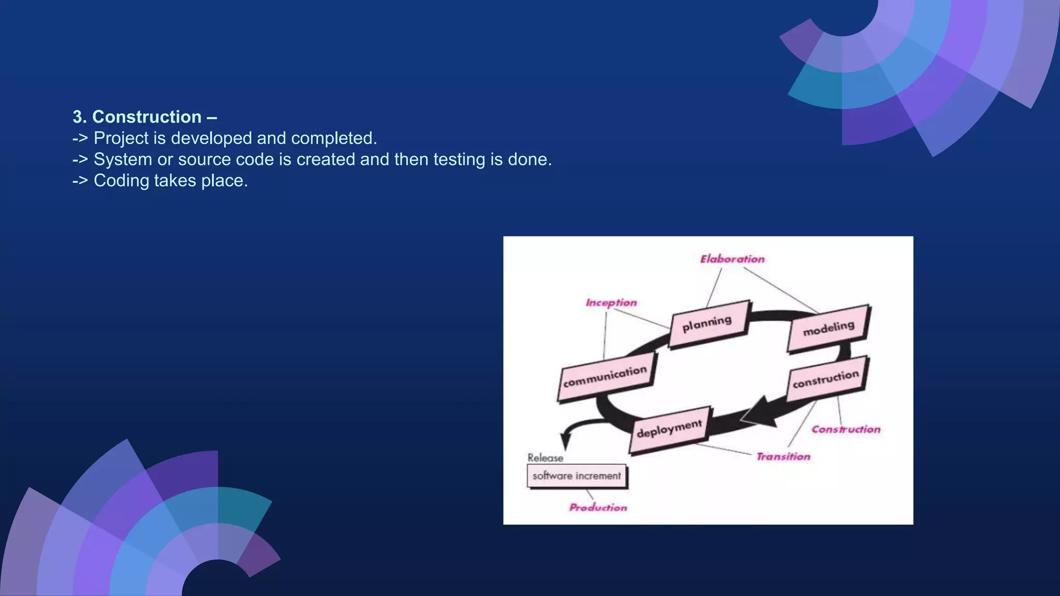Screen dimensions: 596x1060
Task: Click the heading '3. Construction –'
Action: [144, 117]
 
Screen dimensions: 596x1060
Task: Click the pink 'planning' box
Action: [708, 323]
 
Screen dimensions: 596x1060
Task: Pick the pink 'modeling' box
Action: [828, 329]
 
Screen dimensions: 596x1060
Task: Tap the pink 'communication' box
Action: [606, 377]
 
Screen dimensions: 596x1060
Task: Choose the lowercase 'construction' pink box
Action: [826, 379]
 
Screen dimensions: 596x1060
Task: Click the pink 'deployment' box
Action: [670, 429]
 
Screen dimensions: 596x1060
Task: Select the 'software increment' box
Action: [577, 476]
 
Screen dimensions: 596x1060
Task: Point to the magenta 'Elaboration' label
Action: [732, 259]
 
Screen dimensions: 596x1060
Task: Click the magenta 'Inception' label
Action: [611, 303]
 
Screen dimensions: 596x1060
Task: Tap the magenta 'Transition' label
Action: [783, 457]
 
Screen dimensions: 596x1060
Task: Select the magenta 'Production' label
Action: [598, 508]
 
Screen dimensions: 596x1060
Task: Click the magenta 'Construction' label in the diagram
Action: [846, 429]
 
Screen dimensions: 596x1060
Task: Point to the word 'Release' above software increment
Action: [545, 458]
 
